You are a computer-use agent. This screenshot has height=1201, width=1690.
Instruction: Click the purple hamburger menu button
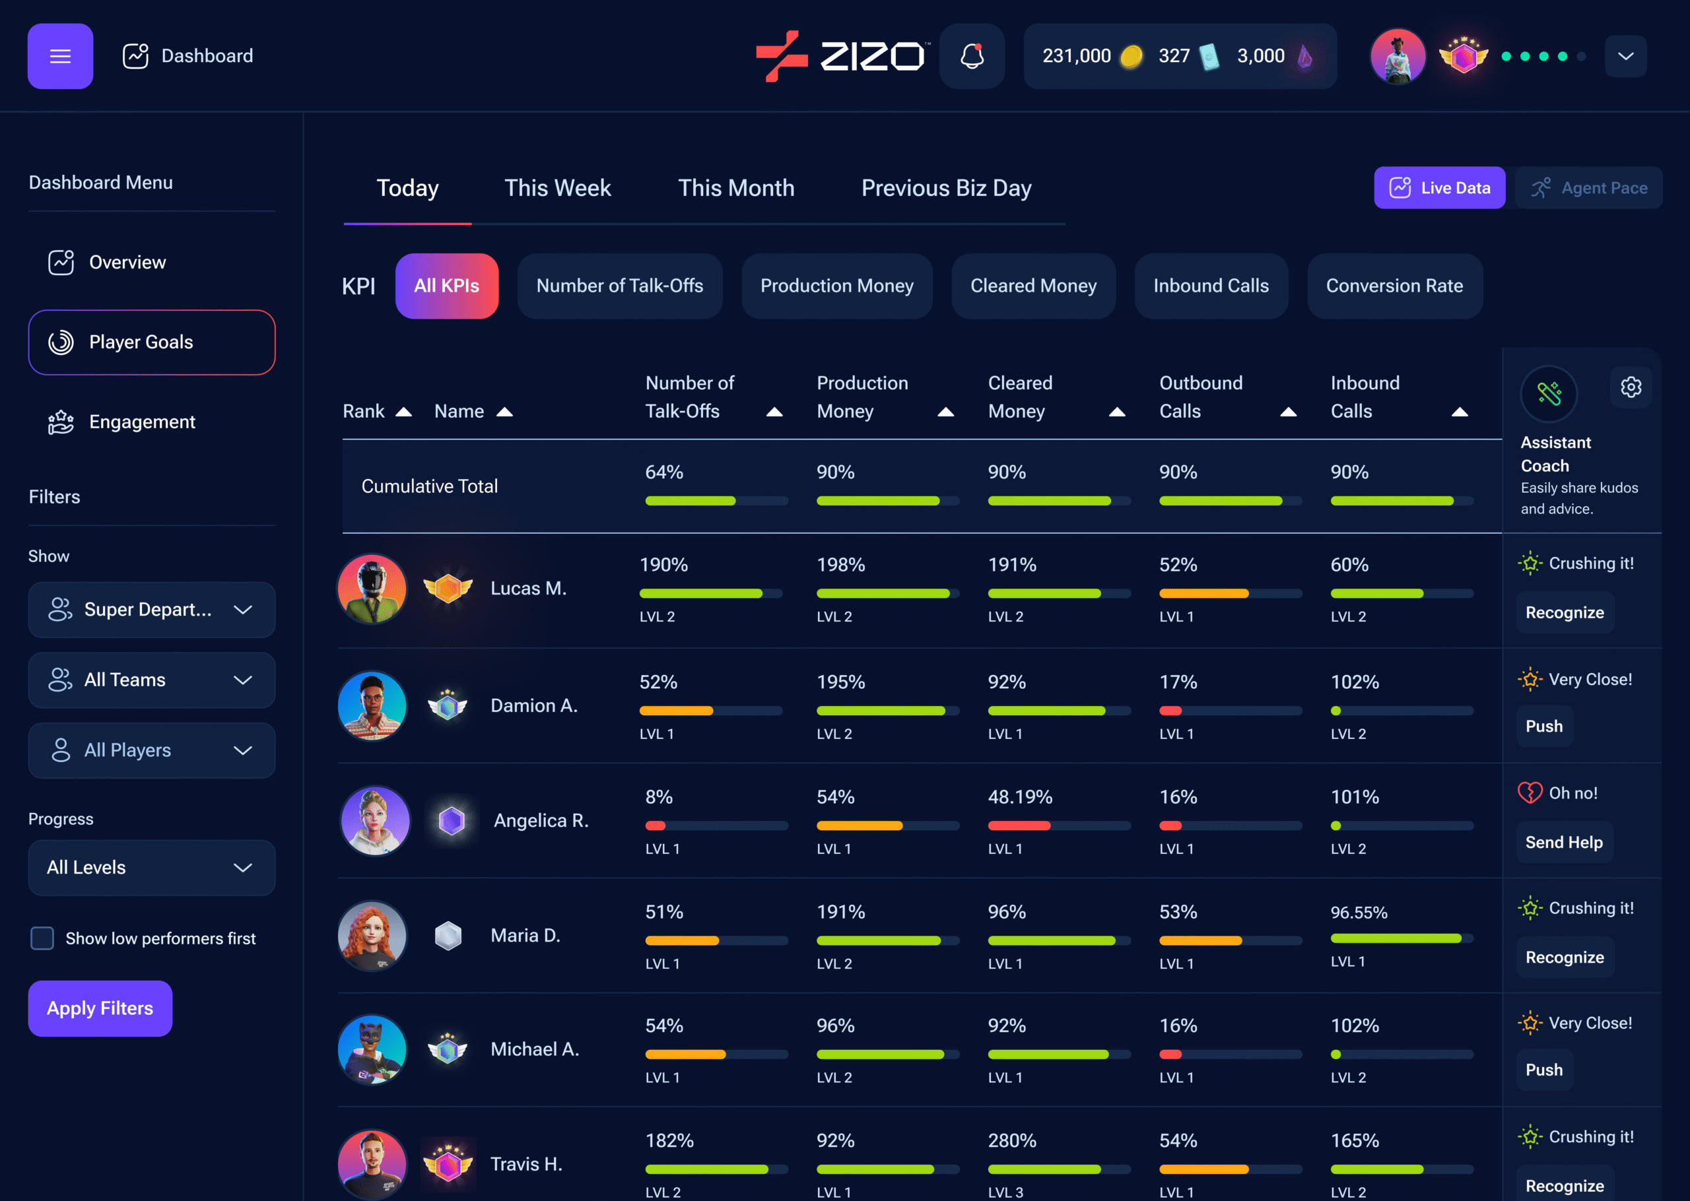pyautogui.click(x=60, y=56)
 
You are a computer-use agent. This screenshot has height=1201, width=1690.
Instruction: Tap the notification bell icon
pyautogui.click(x=972, y=56)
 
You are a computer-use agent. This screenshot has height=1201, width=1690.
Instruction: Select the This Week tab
pyautogui.click(x=558, y=188)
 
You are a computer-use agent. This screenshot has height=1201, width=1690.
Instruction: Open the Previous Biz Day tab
pyautogui.click(x=946, y=188)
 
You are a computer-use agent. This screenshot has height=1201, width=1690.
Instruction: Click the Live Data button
pyautogui.click(x=1439, y=188)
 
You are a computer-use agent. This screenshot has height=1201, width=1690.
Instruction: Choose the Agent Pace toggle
pyautogui.click(x=1589, y=188)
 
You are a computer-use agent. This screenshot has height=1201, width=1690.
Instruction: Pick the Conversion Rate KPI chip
pyautogui.click(x=1394, y=286)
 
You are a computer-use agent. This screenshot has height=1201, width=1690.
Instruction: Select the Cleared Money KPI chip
pyautogui.click(x=1033, y=286)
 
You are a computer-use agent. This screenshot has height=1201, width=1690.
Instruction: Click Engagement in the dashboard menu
pyautogui.click(x=141, y=422)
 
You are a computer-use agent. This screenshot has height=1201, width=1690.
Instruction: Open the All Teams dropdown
pyautogui.click(x=152, y=680)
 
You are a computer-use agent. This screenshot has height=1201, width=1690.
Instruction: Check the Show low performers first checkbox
pyautogui.click(x=42, y=938)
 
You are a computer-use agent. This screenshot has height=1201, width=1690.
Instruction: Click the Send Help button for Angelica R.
pyautogui.click(x=1563, y=842)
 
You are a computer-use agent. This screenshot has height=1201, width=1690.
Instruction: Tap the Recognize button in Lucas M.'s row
pyautogui.click(x=1565, y=612)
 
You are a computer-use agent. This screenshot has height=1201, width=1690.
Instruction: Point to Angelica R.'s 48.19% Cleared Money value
pyautogui.click(x=1020, y=797)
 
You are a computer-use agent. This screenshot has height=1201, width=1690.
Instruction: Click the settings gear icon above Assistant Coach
pyautogui.click(x=1631, y=387)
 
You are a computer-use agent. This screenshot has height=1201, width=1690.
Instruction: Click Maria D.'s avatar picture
pyautogui.click(x=372, y=936)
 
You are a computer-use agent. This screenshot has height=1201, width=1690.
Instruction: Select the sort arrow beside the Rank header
pyautogui.click(x=404, y=412)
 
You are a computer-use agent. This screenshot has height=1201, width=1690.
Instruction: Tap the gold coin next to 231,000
pyautogui.click(x=1131, y=56)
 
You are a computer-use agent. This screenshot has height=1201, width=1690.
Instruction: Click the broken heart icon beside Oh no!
pyautogui.click(x=1530, y=793)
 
